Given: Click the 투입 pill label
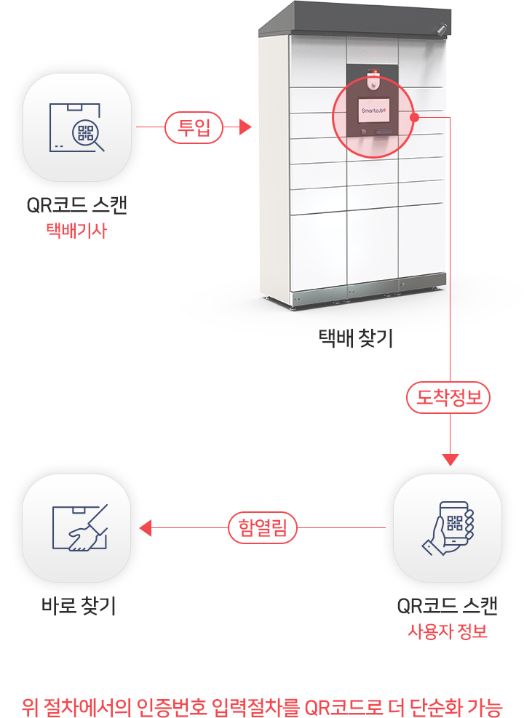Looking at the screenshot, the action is click(194, 127).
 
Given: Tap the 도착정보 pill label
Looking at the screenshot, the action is click(448, 397).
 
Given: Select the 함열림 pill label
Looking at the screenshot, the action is click(263, 527).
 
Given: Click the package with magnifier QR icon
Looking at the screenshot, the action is click(77, 127).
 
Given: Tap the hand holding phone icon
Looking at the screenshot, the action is click(448, 528).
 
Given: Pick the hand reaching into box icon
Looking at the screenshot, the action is click(80, 527).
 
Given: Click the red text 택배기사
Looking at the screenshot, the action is click(76, 231).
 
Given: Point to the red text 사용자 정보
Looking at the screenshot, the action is click(448, 631).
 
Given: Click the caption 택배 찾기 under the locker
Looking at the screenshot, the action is click(356, 338).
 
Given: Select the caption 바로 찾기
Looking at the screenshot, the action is click(79, 605).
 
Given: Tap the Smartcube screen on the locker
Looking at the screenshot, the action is click(374, 111).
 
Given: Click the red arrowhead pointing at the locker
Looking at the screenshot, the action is click(245, 127).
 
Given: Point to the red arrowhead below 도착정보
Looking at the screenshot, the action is click(450, 460).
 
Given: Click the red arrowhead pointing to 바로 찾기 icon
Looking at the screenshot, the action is click(146, 528).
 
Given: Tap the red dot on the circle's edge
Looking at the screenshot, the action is click(415, 118).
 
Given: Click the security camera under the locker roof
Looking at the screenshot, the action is click(441, 29).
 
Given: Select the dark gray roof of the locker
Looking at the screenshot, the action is click(355, 18).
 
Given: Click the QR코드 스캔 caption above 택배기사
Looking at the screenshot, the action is click(76, 205).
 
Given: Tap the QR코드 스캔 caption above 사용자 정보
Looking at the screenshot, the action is click(448, 605).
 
